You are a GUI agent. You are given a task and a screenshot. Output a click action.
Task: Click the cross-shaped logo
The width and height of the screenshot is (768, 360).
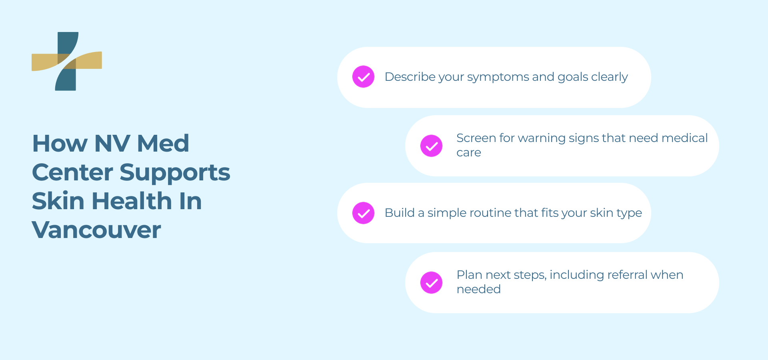[66, 61]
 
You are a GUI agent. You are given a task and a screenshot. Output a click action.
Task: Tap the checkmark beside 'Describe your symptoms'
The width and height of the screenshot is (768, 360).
[363, 76]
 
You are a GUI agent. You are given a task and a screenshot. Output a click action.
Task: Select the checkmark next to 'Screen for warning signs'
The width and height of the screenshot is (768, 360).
[431, 146]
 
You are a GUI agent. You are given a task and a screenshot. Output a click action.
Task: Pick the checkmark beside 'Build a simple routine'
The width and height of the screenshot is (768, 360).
[363, 213]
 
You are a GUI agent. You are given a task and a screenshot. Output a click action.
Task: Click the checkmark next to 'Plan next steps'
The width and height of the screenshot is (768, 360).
[431, 282]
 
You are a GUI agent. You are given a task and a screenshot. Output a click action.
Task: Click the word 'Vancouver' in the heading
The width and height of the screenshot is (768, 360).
[96, 230]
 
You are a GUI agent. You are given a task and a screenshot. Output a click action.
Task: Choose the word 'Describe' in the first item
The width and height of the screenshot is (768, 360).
[410, 76]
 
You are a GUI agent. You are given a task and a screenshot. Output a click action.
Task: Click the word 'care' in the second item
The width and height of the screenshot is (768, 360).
[469, 153]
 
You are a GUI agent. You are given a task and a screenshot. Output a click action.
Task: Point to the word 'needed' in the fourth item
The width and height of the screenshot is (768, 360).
[479, 289]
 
